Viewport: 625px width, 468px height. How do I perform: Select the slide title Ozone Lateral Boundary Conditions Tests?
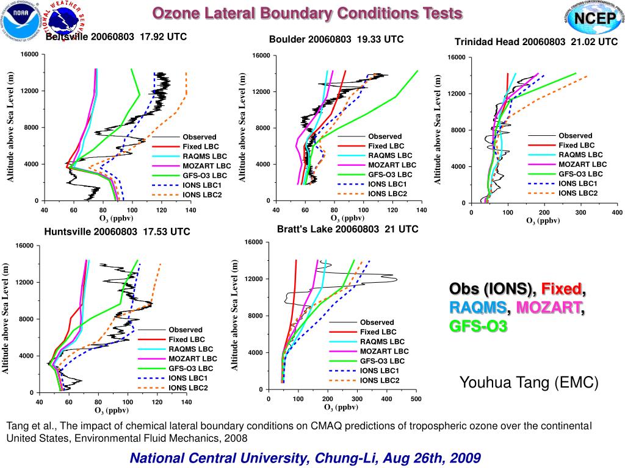pyautogui.click(x=307, y=13)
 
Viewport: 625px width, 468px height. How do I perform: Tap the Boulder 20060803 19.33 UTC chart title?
pyautogui.click(x=336, y=40)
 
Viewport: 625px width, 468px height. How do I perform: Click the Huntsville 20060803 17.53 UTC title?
pyautogui.click(x=117, y=232)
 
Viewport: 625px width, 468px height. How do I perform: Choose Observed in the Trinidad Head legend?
pyautogui.click(x=575, y=136)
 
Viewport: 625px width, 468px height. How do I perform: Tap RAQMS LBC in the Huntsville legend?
pyautogui.click(x=191, y=349)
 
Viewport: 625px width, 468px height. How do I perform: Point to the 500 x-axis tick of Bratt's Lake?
pyautogui.click(x=416, y=399)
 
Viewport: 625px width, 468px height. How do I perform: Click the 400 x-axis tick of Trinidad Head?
pyautogui.click(x=617, y=213)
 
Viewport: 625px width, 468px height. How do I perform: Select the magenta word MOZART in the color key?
pyautogui.click(x=551, y=307)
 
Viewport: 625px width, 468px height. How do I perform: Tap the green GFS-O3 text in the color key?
pyautogui.click(x=478, y=327)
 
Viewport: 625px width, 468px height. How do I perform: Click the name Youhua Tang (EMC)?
pyautogui.click(x=529, y=383)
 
